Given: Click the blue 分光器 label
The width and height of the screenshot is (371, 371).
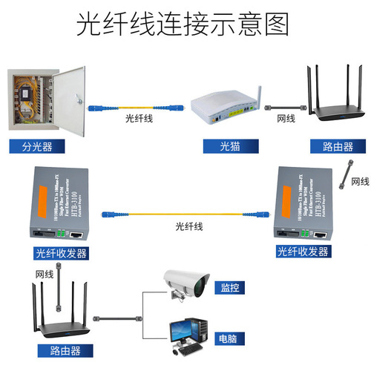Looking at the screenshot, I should tap(37, 147).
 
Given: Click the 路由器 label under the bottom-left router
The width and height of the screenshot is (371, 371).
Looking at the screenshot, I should tap(61, 349).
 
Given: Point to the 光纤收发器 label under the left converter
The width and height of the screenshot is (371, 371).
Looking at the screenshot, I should tap(61, 253).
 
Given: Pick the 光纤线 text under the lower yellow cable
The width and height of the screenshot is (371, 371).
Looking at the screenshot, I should tap(189, 226).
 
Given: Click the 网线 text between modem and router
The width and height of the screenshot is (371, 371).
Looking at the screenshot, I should tap(286, 118).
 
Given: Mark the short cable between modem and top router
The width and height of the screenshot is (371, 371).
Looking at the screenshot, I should tap(285, 106).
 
